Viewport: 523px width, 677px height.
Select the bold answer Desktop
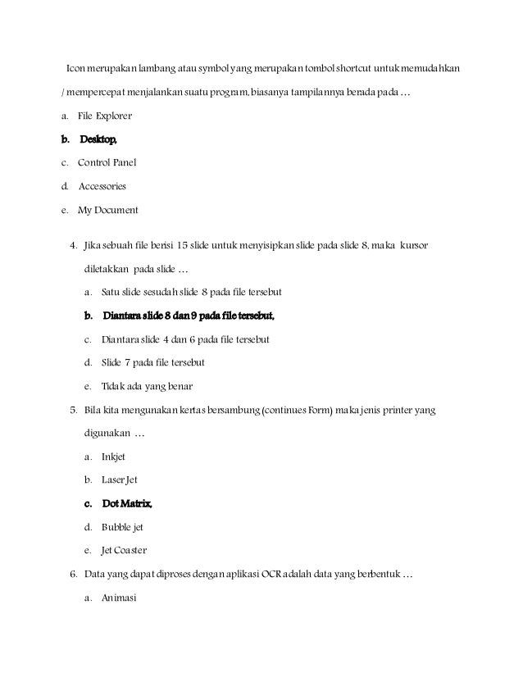103,139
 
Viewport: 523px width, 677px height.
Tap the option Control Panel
107,163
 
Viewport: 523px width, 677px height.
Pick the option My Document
107,210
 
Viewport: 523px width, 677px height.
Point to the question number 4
74,245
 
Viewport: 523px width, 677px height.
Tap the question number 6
74,573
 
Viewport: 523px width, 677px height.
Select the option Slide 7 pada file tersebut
152,362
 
